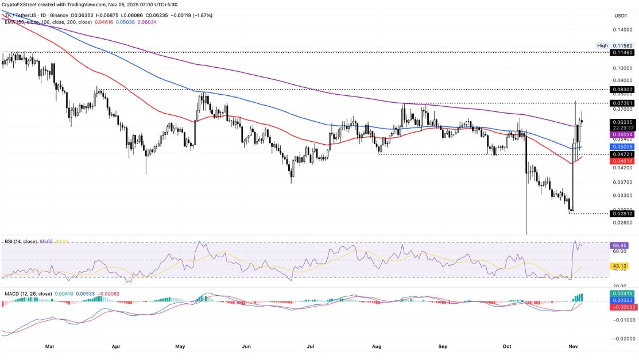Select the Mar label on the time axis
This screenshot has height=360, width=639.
50,347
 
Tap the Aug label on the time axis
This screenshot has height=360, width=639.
377,347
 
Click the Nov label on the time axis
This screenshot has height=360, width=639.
575,347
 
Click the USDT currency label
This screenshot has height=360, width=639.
621,16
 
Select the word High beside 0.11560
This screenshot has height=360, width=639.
602,45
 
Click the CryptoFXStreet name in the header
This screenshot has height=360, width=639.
21,5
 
